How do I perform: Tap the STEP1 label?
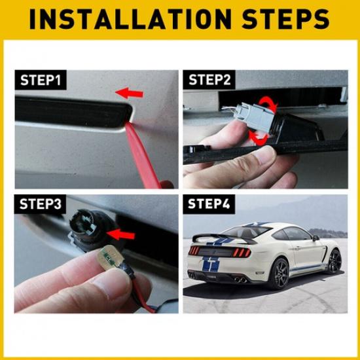pos(41,81)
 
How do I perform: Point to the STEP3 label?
pos(41,204)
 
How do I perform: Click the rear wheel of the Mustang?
pos(278,273)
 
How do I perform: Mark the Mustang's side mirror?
pos(315,238)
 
